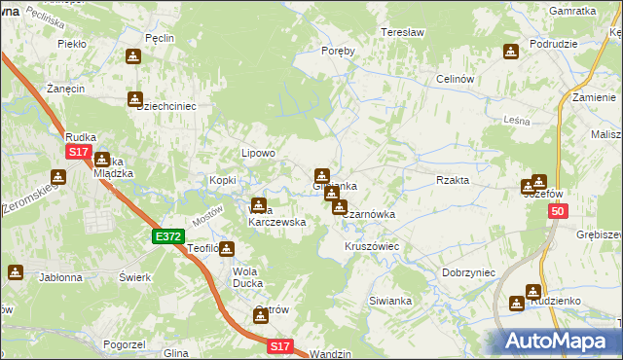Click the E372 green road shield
pos(167,236)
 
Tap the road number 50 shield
pos(557,211)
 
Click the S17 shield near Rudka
pos(79,153)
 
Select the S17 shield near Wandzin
pos(280,345)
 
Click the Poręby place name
pos(338,52)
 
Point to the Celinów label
pos(455,79)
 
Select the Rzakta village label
pos(453,180)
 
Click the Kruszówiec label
pos(372,247)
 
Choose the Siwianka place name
pos(390,302)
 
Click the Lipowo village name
pos(259,153)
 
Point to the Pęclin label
pos(159,38)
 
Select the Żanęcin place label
pos(63,88)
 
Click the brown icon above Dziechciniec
pos(134,98)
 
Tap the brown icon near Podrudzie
pos(511,52)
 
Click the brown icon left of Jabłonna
pos(15,272)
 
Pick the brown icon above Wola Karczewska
pos(259,205)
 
